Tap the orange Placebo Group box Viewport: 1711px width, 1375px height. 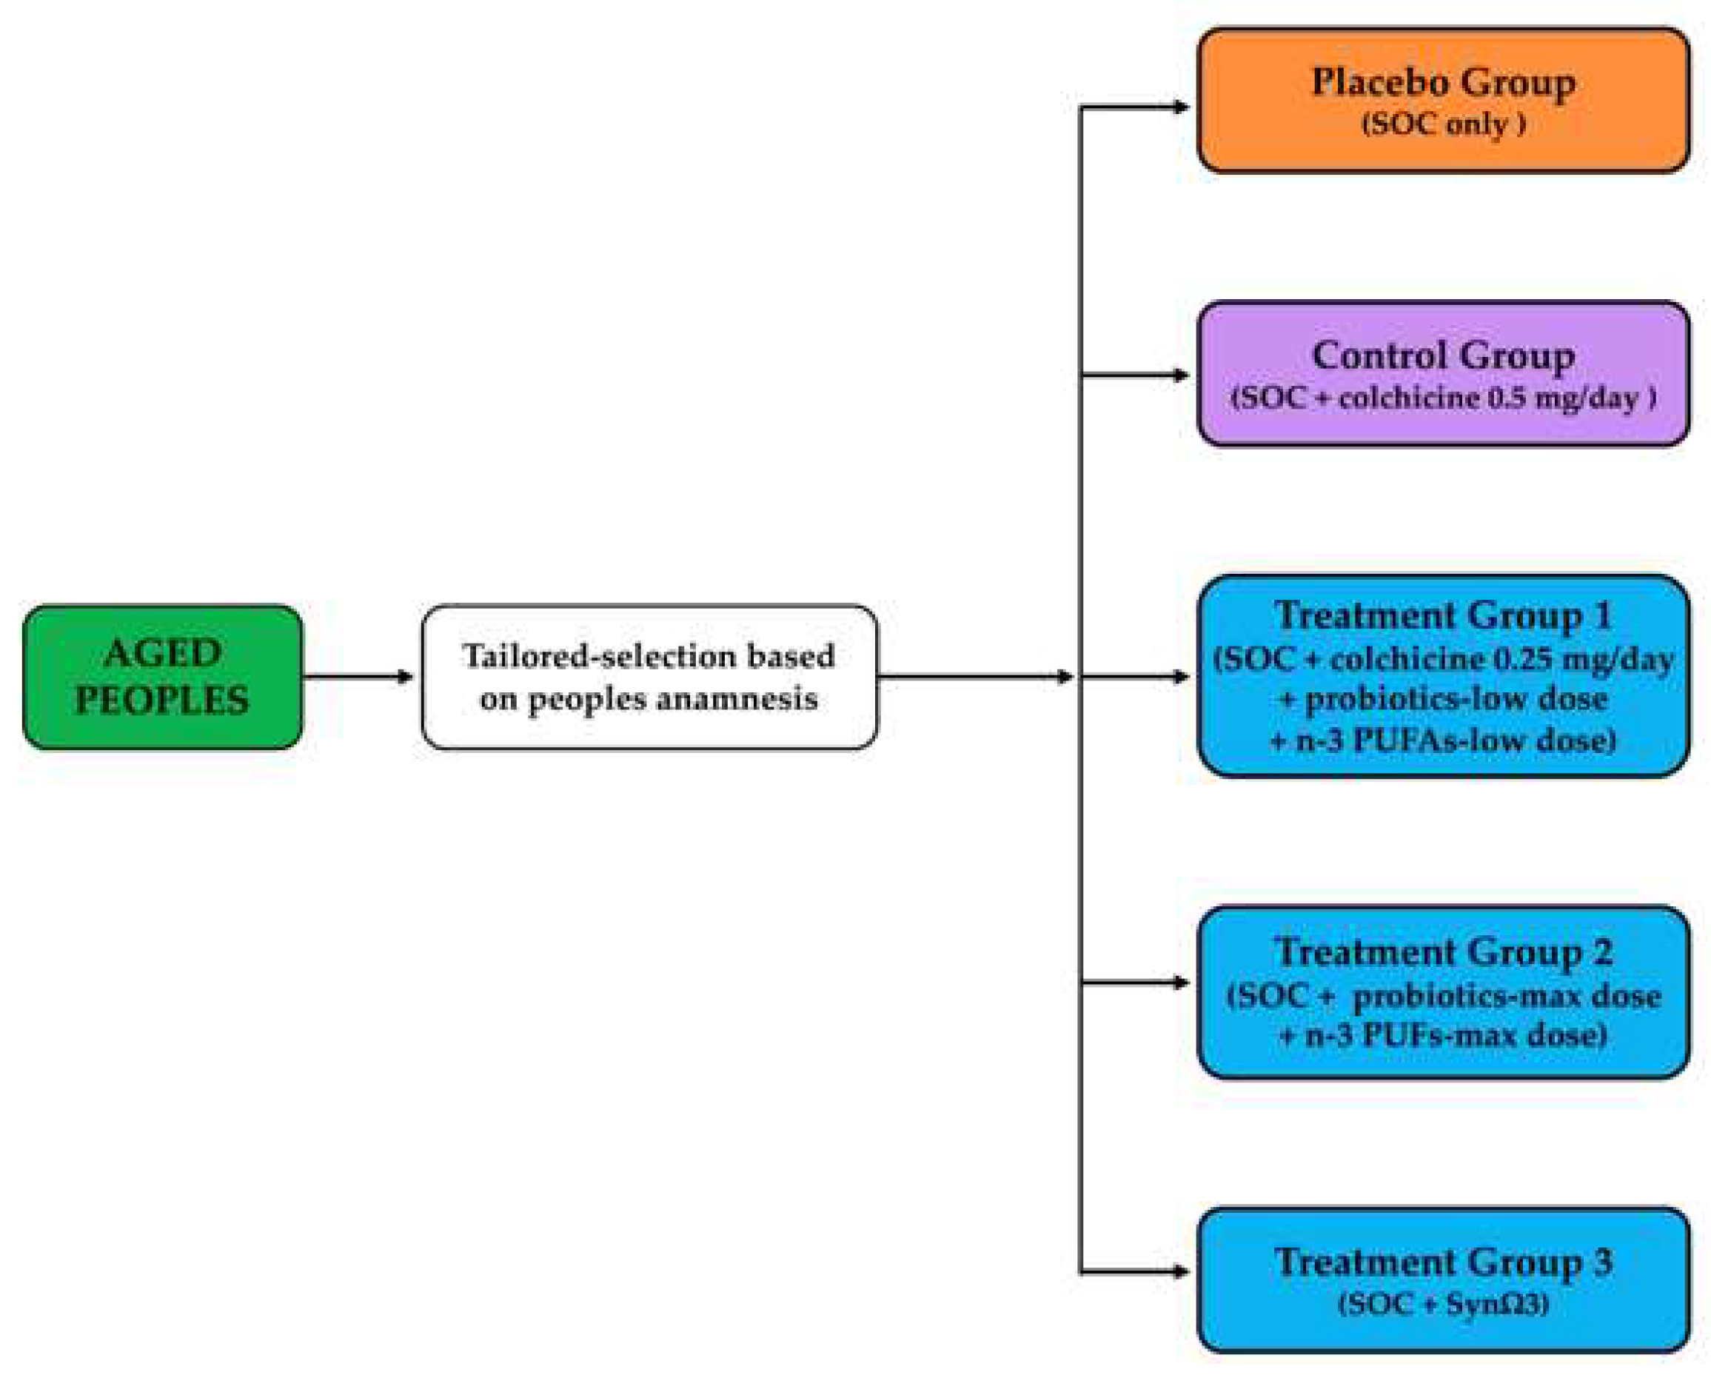1443,100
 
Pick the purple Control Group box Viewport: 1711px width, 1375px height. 1443,373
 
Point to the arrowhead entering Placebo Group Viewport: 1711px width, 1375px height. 1181,107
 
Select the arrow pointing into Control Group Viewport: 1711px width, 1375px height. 1135,375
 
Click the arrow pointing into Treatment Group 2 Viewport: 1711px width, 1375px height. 1135,983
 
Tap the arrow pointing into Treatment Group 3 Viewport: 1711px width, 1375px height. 1135,1272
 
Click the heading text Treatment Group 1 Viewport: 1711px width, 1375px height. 1443,616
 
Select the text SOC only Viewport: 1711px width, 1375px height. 1443,124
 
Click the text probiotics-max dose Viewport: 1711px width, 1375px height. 1506,996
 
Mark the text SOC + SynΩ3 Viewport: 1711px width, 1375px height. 1443,1304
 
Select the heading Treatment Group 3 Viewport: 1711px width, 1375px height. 1443,1262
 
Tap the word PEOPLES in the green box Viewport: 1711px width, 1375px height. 162,700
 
